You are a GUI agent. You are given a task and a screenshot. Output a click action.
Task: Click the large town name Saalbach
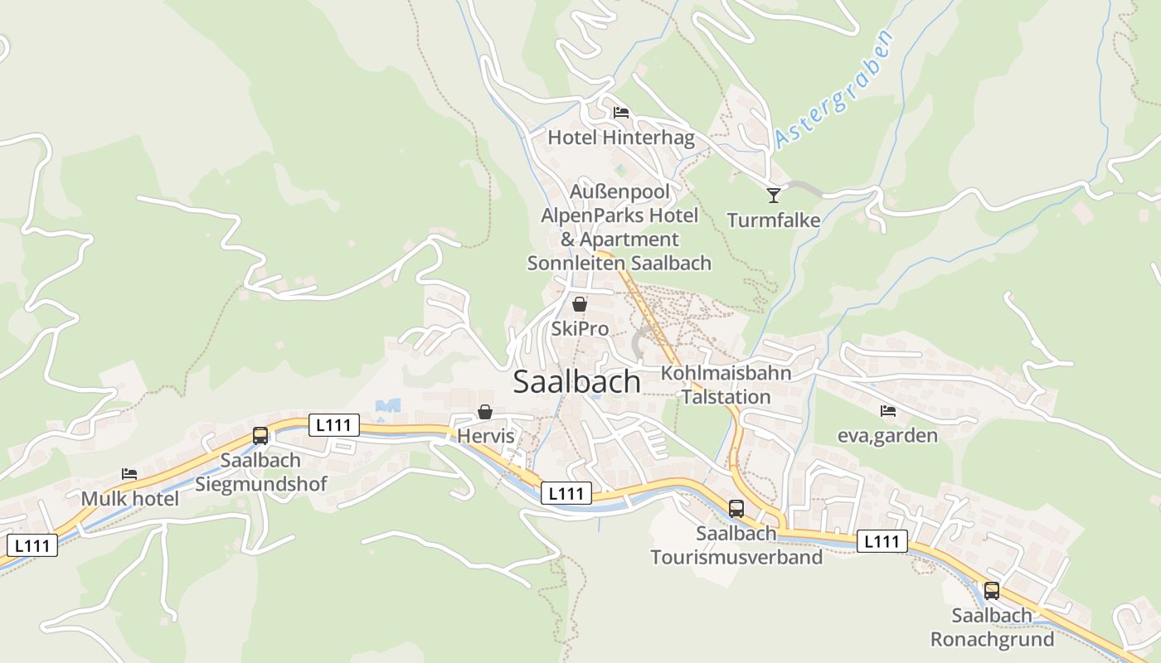tap(577, 382)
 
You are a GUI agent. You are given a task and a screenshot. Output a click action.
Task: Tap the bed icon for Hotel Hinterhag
tap(621, 113)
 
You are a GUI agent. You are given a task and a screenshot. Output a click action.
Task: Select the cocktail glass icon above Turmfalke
tap(774, 195)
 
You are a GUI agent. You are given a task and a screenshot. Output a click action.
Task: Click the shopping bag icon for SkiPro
tap(580, 304)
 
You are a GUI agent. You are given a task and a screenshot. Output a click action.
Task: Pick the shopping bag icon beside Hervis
tap(485, 412)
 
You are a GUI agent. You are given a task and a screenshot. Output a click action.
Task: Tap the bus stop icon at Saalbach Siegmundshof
tap(260, 435)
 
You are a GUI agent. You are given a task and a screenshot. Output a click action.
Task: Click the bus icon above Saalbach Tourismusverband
tap(736, 508)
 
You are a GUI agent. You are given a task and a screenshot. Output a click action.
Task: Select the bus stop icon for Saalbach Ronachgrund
tap(992, 591)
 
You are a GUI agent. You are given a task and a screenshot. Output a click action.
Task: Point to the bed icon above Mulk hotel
tap(129, 474)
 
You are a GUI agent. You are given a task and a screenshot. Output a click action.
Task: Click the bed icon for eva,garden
tap(888, 410)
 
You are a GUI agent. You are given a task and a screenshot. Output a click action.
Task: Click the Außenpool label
tap(619, 191)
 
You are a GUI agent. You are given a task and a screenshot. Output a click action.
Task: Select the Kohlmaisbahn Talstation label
tap(726, 385)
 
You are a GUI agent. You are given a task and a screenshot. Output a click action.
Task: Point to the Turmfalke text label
tap(774, 220)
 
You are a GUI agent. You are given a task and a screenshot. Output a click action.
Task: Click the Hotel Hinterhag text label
tap(621, 137)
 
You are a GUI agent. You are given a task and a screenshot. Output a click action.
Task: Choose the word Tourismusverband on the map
tap(736, 557)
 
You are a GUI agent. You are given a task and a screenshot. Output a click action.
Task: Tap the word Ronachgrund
tap(992, 640)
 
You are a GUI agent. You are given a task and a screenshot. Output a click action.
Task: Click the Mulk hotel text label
tap(129, 499)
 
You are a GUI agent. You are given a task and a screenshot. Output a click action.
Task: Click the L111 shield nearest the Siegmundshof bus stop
tap(334, 425)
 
